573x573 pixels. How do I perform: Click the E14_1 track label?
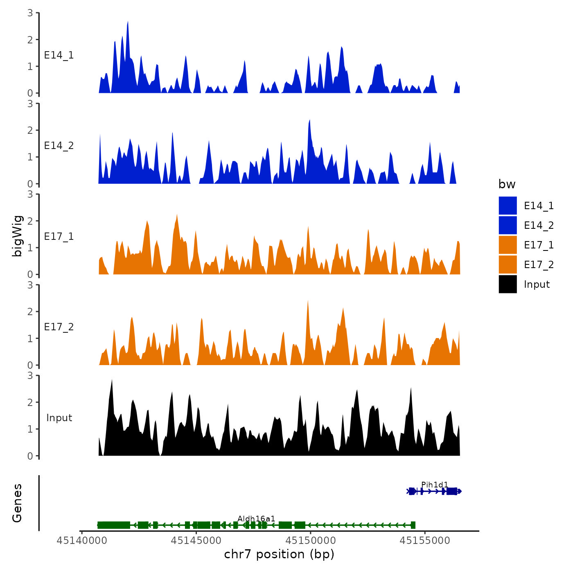pos(59,55)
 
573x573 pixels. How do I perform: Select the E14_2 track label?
pos(59,146)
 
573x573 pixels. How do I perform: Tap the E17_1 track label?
pos(59,237)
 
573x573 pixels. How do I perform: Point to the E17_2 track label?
pos(59,327)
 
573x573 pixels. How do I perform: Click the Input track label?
pos(59,418)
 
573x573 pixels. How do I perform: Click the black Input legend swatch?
pos(508,284)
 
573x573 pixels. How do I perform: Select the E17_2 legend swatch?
pos(508,265)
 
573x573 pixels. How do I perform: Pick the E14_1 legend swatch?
pos(508,205)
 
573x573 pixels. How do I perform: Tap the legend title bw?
pos(507,184)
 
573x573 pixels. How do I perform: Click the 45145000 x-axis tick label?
pos(196,541)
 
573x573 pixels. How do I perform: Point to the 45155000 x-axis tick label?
pos(425,541)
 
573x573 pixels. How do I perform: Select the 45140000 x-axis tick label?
pos(82,541)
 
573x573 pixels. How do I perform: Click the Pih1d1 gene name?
pos(434,485)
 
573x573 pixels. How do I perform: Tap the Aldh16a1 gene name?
pos(256,519)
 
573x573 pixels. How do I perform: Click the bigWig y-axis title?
pos(17,236)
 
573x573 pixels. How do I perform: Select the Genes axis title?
pos(17,503)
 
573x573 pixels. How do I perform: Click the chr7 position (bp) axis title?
pos(279,555)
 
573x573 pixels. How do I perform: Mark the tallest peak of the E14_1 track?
pos(128,23)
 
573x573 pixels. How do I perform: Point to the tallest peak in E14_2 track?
pos(309,121)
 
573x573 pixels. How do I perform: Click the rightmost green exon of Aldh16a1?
pos(413,525)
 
